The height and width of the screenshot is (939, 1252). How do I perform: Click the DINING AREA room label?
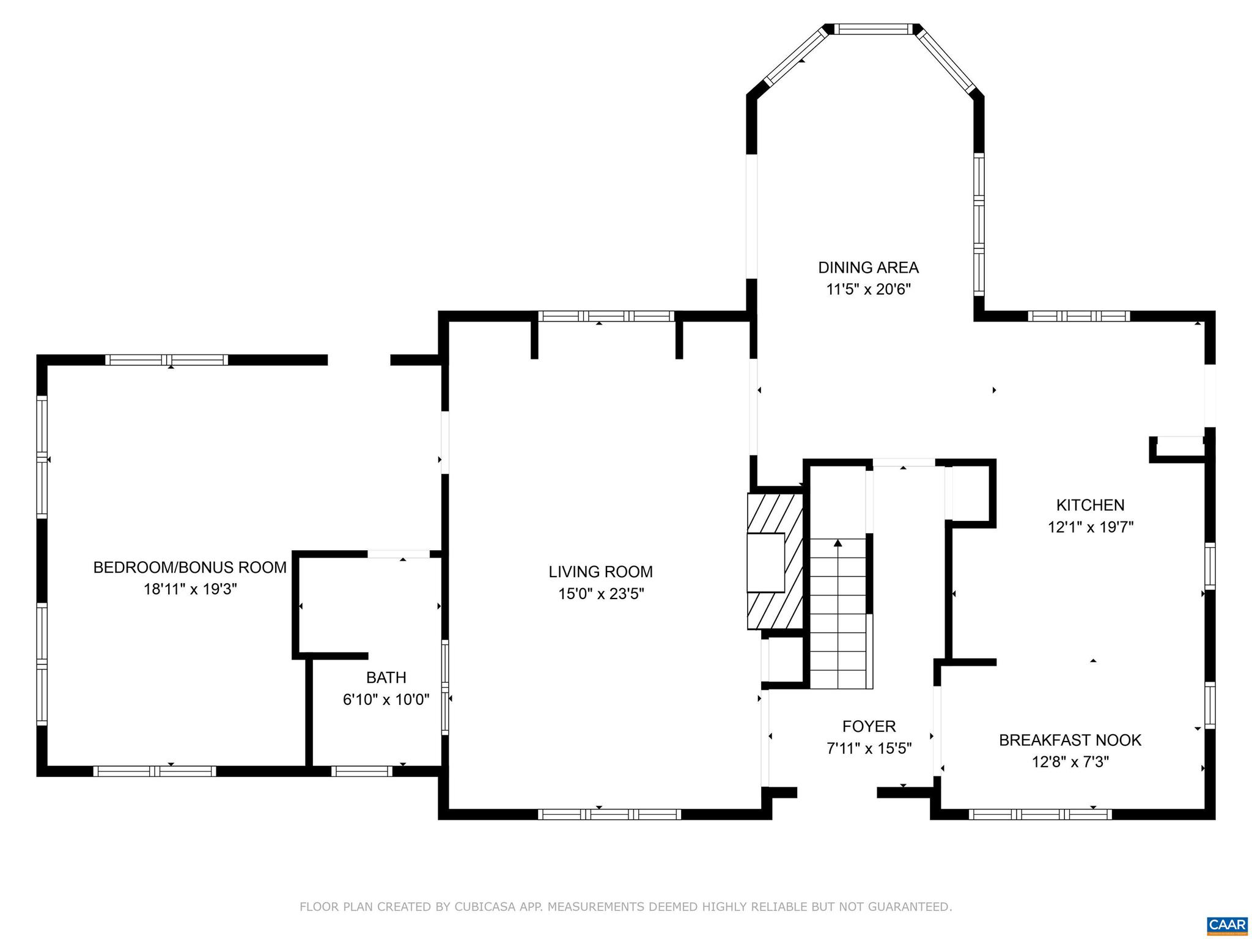point(868,268)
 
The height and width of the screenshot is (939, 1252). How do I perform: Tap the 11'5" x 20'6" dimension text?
point(868,290)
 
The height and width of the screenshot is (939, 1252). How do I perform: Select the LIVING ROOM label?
point(600,572)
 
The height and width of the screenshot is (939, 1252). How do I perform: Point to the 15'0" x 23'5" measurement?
point(600,594)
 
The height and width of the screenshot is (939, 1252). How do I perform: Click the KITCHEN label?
point(1090,505)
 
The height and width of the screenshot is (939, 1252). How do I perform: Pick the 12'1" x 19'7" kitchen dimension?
point(1090,527)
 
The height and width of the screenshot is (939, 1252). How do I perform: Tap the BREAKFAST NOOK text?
point(1070,740)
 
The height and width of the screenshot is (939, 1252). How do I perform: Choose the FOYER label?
point(869,726)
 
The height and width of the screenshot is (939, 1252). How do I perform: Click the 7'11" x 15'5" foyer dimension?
point(869,748)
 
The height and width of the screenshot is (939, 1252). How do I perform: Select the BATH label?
point(386,677)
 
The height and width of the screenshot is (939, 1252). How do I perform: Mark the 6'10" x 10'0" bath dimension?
point(386,699)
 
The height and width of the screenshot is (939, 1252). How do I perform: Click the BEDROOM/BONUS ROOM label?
point(190,567)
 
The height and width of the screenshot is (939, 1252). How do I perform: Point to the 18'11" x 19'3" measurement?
point(190,589)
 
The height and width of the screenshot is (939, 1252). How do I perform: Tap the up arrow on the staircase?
point(838,543)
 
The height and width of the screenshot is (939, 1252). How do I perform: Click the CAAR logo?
point(1228,924)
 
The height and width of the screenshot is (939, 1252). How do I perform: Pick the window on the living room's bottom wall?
point(609,814)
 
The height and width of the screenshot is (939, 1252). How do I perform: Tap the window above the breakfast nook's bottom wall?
point(1040,814)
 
